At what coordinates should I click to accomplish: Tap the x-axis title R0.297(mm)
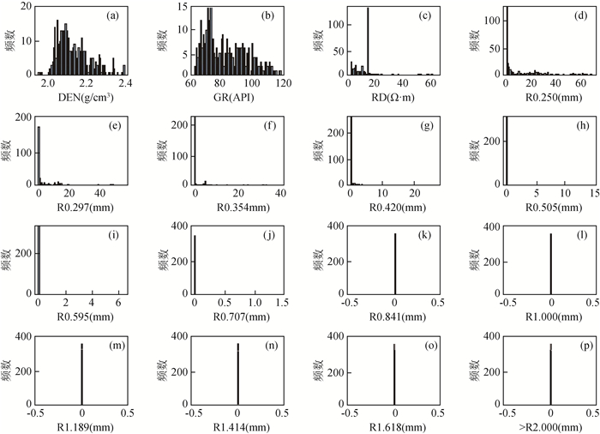(x=82, y=206)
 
